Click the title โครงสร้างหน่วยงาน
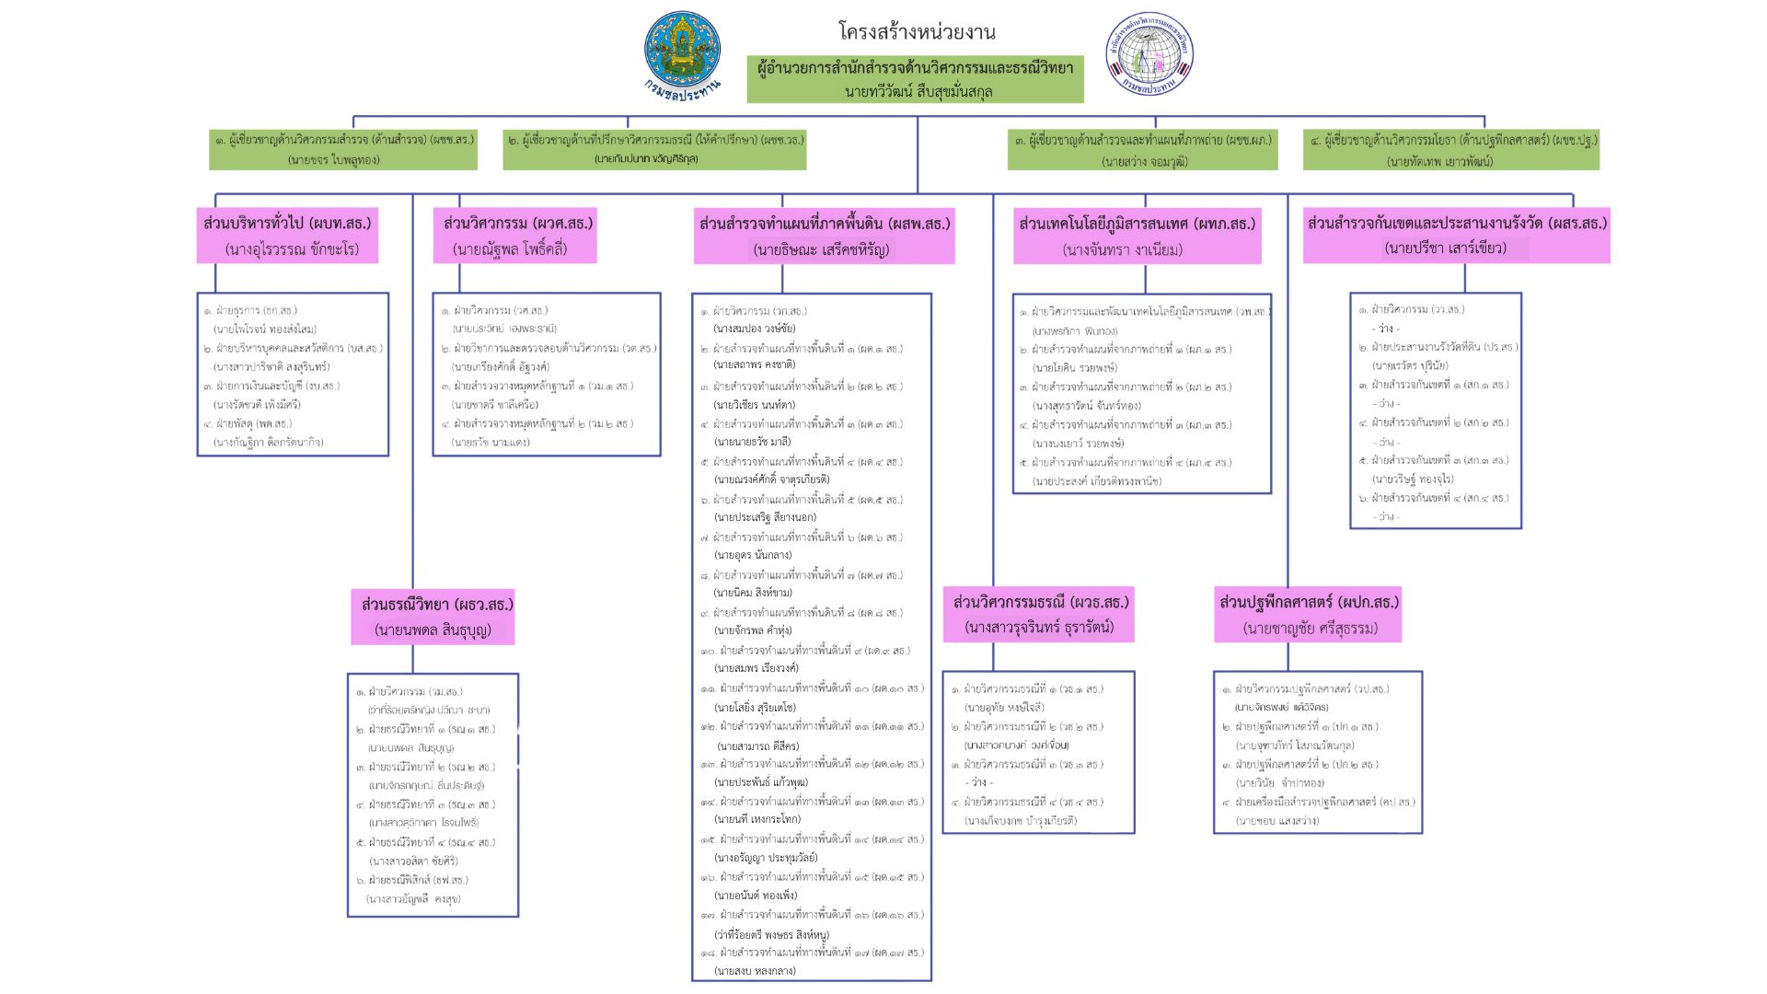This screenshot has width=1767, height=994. click(917, 31)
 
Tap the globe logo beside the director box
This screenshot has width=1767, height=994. click(1149, 53)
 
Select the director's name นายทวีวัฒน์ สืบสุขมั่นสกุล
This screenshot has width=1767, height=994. click(918, 91)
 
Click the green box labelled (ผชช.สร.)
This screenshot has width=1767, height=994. click(343, 149)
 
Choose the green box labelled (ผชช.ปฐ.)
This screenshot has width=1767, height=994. click(1451, 149)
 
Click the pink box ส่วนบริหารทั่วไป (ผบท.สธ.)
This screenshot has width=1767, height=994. click(287, 236)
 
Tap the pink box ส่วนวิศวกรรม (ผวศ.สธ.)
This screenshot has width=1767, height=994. click(515, 236)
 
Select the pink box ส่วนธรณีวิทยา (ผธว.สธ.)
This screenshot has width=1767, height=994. click(433, 617)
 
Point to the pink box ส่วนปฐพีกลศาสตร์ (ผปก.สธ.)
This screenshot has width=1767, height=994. click(1309, 615)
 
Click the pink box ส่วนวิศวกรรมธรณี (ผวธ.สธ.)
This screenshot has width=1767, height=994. click(1039, 614)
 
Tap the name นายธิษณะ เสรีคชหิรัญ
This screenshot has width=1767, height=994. click(821, 249)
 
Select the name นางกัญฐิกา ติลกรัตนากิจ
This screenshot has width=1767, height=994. click(268, 442)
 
